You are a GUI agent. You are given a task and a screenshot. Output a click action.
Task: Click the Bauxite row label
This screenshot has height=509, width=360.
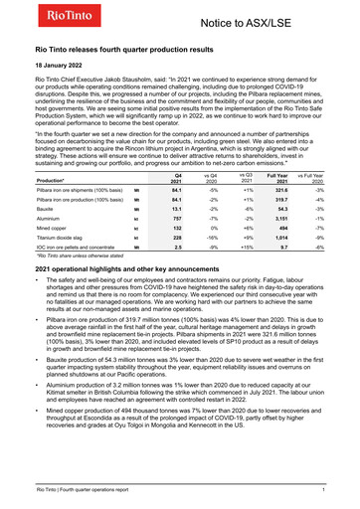tap(47, 181)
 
